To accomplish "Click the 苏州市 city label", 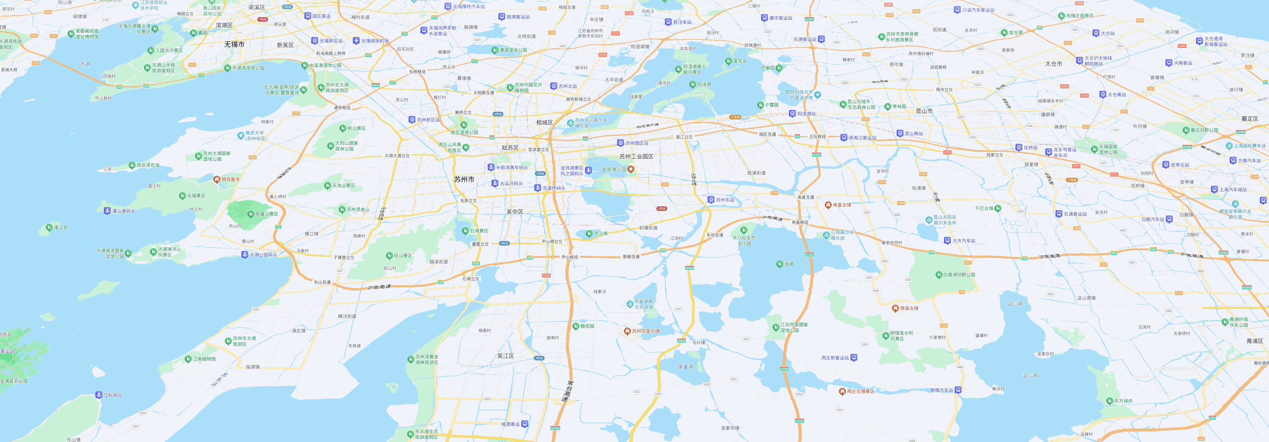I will coord(464,180).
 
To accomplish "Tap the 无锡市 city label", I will coord(234,44).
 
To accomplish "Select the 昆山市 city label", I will coord(924,111).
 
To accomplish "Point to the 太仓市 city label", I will coord(1053,64).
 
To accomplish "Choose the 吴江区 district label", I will coord(506,356).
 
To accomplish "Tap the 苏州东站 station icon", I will coord(711,200).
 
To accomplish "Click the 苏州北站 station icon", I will coord(554,86).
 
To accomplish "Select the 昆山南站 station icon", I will coord(900,133).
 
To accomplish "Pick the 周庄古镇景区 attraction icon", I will coord(842,392).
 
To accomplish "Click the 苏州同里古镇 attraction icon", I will coord(627,331).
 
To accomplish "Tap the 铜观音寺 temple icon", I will coord(217,179).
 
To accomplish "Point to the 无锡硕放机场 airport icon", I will coord(356,41).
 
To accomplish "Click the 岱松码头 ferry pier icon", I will coord(99,395).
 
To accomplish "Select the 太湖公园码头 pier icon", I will coord(244,254).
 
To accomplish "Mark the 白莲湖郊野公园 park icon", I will coord(938,275).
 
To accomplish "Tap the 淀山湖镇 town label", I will coord(1086,298).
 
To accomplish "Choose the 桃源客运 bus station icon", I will coord(525,424).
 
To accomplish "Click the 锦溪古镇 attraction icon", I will coord(895,309).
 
